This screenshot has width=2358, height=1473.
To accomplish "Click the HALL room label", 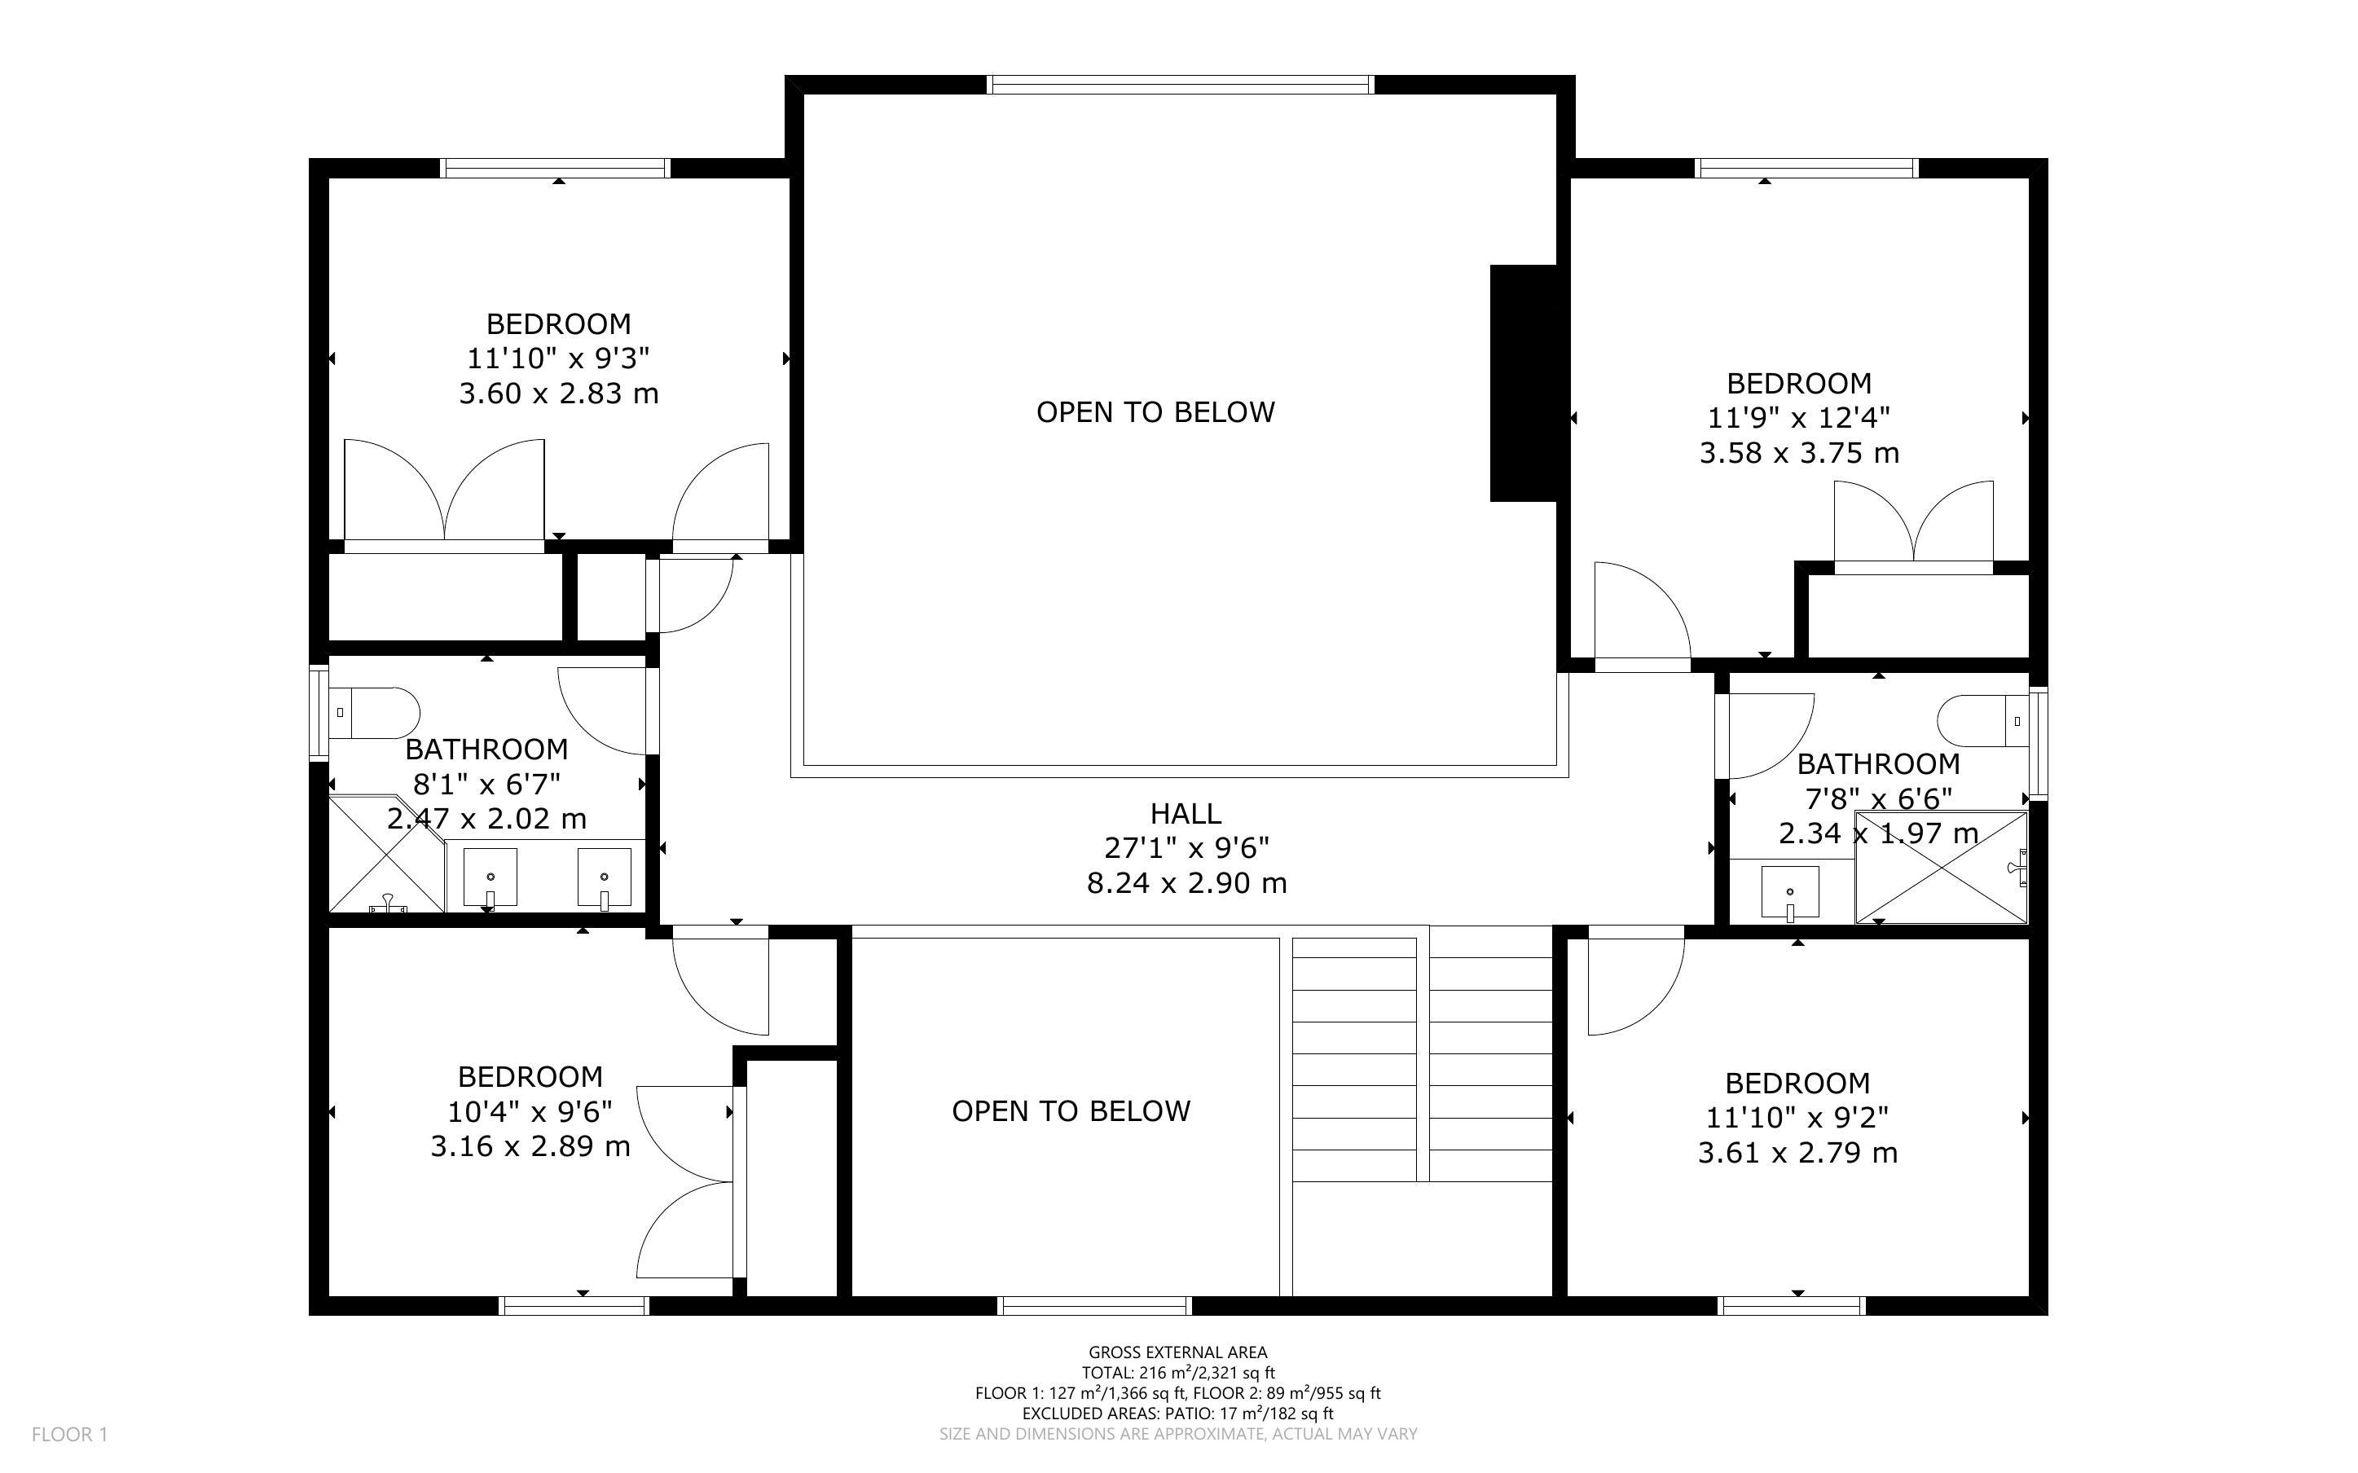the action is tap(1186, 813).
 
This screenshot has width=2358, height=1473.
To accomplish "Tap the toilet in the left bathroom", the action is tap(374, 713).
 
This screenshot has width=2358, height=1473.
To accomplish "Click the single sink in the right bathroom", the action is tap(1789, 892).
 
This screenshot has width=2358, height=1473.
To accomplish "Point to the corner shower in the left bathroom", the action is tap(387, 855).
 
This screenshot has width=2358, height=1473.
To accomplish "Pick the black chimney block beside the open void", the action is tap(1524, 383).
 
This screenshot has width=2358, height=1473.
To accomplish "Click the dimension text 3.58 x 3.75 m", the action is tap(1799, 453).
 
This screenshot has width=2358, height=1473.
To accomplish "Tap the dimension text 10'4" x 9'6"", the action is tap(530, 1111).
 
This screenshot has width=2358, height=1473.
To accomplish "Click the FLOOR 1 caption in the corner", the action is tap(69, 1434).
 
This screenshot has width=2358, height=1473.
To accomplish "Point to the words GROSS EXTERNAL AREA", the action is tap(1177, 1352).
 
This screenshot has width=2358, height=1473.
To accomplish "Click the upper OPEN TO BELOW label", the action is tap(1155, 412).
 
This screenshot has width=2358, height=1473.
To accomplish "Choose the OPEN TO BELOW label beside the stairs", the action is tap(1071, 1111).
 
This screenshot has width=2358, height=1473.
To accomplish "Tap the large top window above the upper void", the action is tap(1181, 85).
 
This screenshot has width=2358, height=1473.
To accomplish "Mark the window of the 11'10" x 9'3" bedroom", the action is tap(557, 168).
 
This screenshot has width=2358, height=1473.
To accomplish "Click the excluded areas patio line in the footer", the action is tap(1177, 1414).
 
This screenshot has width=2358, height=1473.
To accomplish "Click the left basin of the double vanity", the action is tap(489, 877).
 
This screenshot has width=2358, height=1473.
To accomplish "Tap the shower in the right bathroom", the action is tap(1941, 867).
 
